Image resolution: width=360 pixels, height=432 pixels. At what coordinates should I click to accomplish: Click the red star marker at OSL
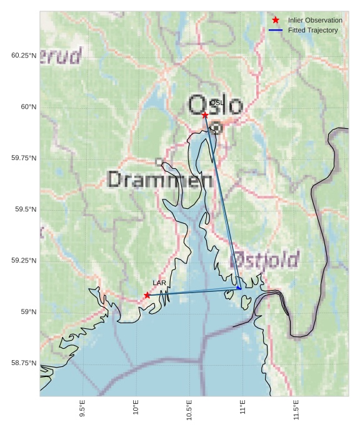(205, 115)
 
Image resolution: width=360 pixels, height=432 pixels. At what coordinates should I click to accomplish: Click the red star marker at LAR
(147, 295)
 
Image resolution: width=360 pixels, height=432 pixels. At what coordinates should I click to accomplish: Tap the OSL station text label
(216, 103)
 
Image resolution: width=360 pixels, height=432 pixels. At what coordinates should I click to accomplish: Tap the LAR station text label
(159, 283)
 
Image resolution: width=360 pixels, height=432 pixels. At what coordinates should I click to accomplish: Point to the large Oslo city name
(215, 105)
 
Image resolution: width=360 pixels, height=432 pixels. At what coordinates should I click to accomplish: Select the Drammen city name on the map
(160, 180)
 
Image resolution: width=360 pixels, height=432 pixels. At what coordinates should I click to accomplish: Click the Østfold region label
(265, 259)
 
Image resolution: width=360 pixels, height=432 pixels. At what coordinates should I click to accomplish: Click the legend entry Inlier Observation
(315, 21)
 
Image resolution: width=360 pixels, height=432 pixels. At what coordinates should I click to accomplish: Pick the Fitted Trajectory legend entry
(312, 30)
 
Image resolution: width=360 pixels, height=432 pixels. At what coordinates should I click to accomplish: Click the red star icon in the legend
(276, 21)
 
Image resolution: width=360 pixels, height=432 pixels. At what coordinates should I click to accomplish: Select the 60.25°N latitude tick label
(24, 56)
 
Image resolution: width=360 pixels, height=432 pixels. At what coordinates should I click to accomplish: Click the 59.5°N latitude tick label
(26, 209)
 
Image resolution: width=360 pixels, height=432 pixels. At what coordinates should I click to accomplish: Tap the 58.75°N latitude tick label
(24, 363)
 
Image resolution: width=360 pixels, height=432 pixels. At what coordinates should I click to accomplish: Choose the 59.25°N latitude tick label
(24, 261)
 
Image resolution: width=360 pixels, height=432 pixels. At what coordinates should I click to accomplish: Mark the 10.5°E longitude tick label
(189, 409)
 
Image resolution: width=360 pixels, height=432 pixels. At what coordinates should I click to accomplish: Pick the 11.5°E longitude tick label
(296, 409)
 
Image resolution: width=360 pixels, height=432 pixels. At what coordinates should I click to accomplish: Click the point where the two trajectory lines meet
(240, 288)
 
